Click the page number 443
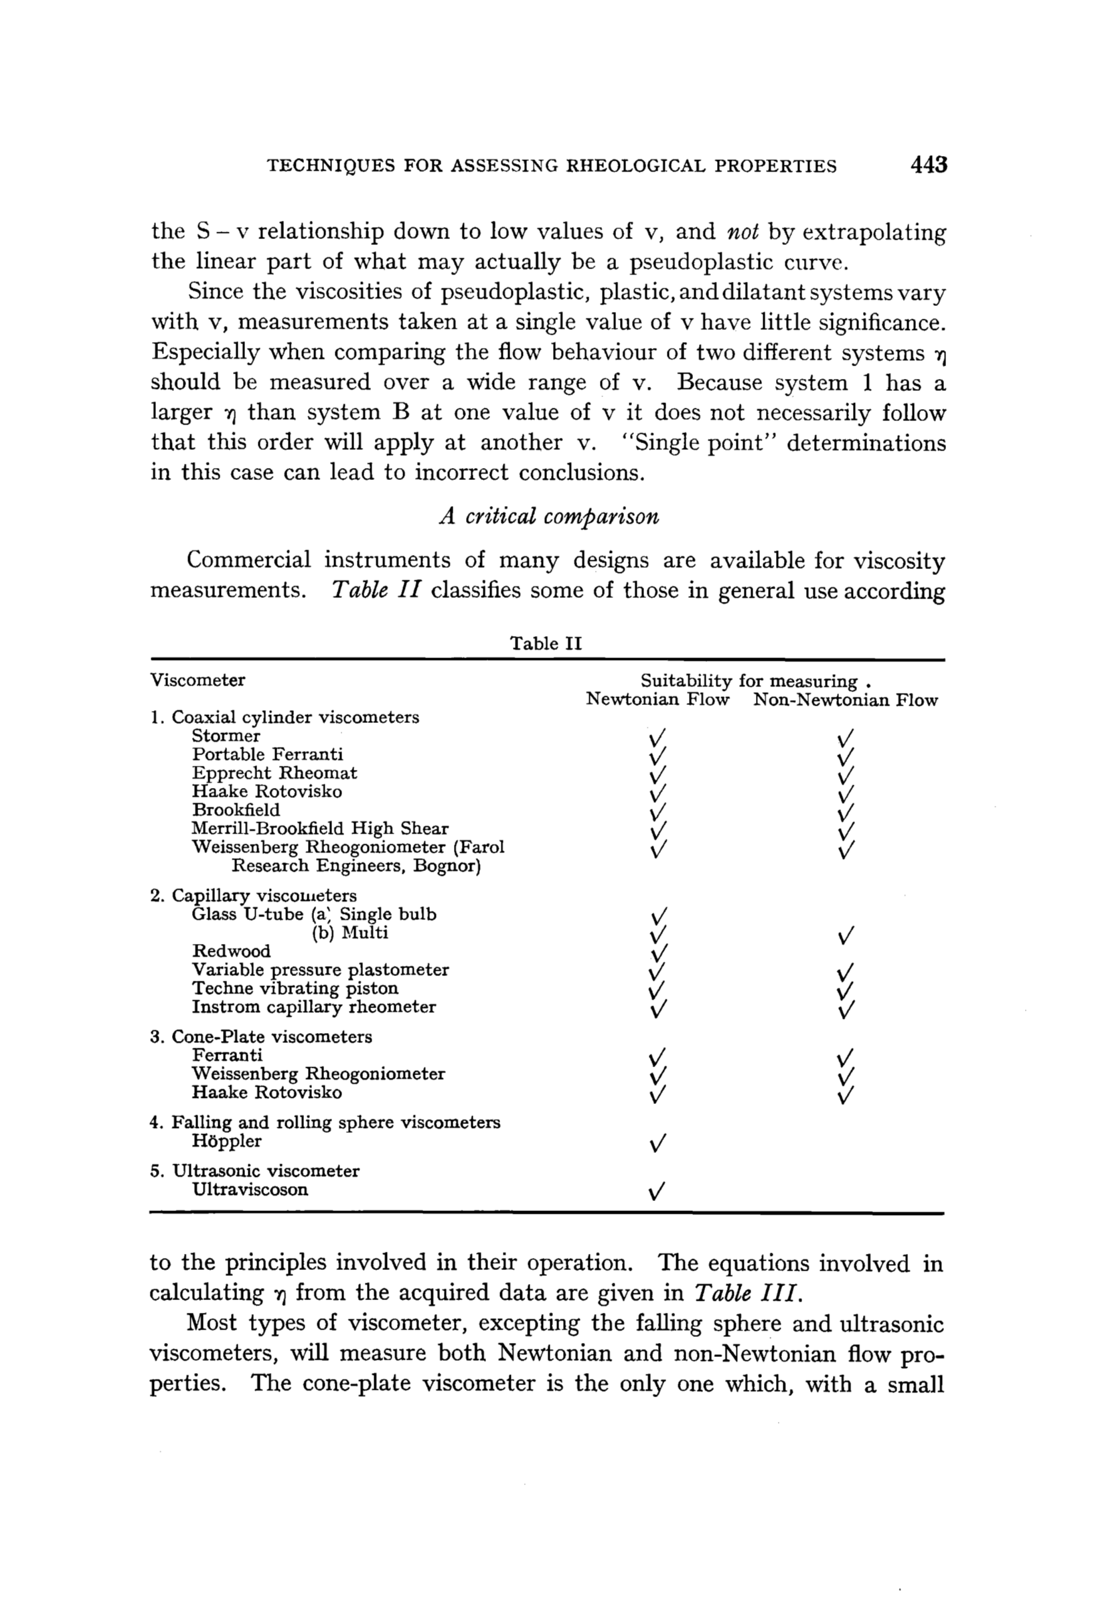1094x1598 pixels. tap(927, 165)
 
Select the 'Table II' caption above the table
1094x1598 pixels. tap(545, 643)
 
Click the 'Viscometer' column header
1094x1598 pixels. tap(198, 680)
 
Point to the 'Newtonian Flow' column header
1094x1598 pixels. tap(657, 700)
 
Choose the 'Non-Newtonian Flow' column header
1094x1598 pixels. tap(845, 700)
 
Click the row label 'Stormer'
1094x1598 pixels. tap(226, 736)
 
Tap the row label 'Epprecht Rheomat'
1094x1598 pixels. tap(275, 773)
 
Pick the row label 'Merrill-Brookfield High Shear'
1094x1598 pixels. tap(320, 829)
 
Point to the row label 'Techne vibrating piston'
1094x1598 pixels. tap(295, 988)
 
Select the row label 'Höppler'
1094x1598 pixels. tap(227, 1141)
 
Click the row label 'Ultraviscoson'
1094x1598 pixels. tap(250, 1190)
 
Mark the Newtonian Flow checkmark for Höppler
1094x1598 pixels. tap(657, 1143)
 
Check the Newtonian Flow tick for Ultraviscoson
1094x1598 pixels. tap(657, 1192)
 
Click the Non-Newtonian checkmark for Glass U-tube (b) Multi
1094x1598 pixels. tap(846, 935)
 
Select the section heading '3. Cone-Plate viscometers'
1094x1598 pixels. tap(260, 1036)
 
